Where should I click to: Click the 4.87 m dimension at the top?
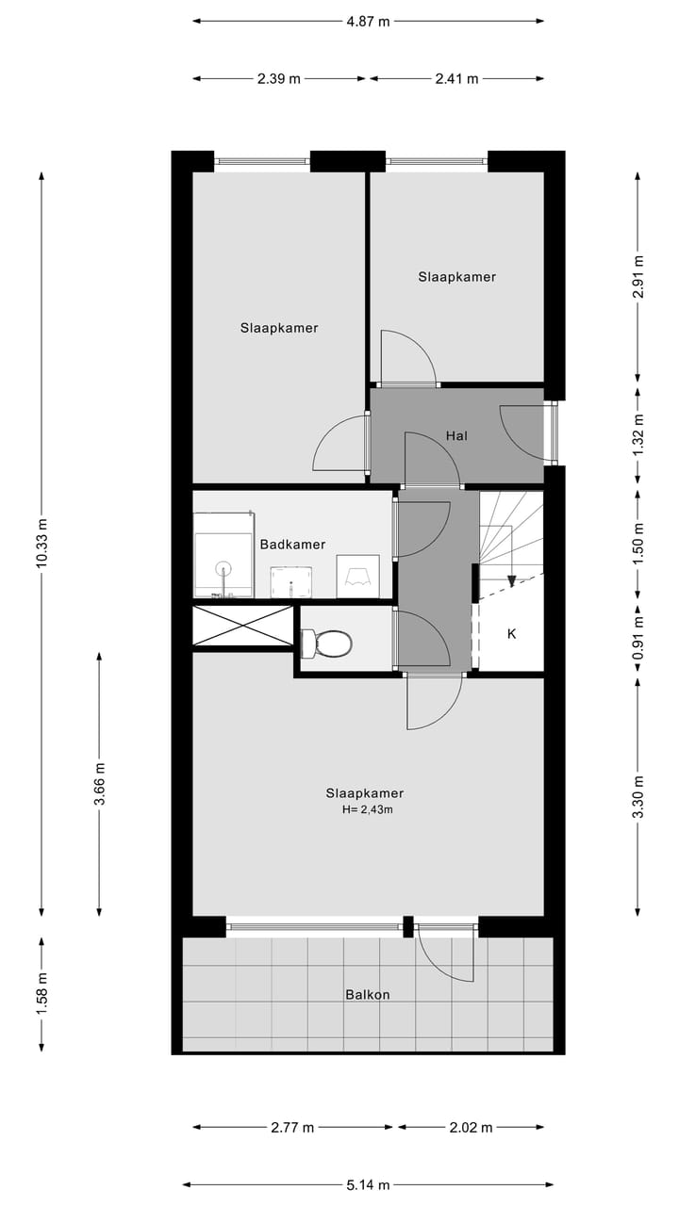[x=369, y=22]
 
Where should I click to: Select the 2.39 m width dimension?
[x=278, y=79]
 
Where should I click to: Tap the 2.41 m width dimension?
[x=457, y=79]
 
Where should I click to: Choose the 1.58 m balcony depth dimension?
[x=41, y=993]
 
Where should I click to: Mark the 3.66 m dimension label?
[x=99, y=782]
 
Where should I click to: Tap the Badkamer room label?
[x=292, y=545]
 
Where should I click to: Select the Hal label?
[x=456, y=435]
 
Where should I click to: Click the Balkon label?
[x=367, y=994]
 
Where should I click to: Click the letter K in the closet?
[x=512, y=634]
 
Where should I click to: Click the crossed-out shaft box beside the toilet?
[x=243, y=627]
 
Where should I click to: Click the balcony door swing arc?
[x=443, y=956]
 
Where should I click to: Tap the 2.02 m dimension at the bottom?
[x=472, y=1127]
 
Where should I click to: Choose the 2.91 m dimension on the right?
[x=638, y=277]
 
